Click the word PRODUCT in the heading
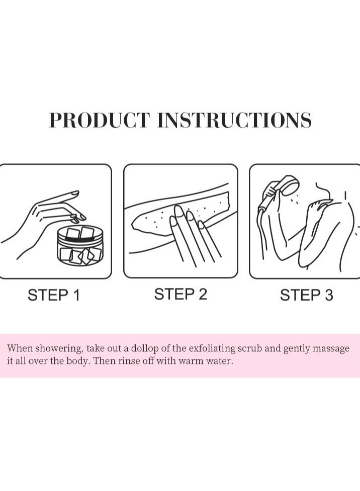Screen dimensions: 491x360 (x=99, y=121)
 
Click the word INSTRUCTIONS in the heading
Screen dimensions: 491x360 (x=234, y=121)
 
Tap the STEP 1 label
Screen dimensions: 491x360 (x=54, y=295)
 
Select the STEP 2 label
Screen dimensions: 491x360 (x=181, y=294)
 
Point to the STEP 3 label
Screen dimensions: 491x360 (x=306, y=295)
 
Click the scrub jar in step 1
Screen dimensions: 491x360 (x=80, y=246)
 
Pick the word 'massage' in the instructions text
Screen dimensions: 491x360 (x=329, y=349)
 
